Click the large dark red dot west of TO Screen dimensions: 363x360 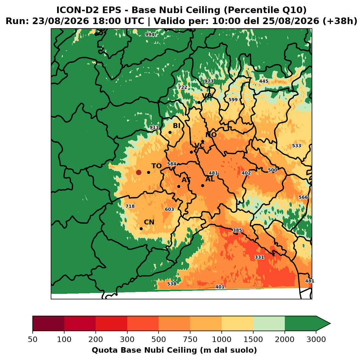[139, 172]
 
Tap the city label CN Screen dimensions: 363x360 [149, 222]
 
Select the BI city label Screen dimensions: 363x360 [176, 126]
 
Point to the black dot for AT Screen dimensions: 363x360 [179, 186]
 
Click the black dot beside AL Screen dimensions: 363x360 [202, 185]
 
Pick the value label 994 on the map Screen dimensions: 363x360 [150, 35]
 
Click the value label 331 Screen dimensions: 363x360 [259, 257]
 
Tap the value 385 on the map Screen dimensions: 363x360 [237, 230]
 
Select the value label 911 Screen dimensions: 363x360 [154, 127]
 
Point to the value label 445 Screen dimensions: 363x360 [263, 81]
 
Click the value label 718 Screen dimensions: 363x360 [130, 206]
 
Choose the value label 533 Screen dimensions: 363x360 [297, 146]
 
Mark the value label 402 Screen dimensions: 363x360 [246, 173]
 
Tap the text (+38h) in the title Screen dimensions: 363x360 [340, 21]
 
